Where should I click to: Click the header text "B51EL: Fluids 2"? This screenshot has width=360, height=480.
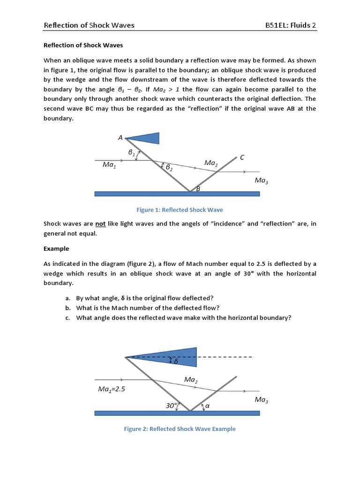[x=291, y=25]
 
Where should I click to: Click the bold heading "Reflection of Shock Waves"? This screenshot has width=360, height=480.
[x=83, y=45]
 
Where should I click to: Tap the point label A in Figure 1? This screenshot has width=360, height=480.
[x=120, y=138]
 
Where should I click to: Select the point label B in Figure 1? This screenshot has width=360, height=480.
[x=198, y=189]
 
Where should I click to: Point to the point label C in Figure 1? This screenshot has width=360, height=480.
[x=242, y=158]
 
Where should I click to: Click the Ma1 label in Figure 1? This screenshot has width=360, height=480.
[x=110, y=165]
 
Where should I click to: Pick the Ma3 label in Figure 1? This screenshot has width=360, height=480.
[x=261, y=180]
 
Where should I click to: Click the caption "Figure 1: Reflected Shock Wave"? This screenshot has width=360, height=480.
[x=180, y=210]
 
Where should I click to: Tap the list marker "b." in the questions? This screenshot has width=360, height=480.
[x=68, y=307]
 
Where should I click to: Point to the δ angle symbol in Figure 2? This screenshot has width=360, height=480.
[x=176, y=361]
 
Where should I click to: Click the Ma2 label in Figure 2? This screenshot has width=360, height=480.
[x=190, y=379]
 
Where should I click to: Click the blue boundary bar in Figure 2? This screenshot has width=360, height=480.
[x=177, y=413]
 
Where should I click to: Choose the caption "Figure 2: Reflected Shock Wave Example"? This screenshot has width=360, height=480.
[x=180, y=428]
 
